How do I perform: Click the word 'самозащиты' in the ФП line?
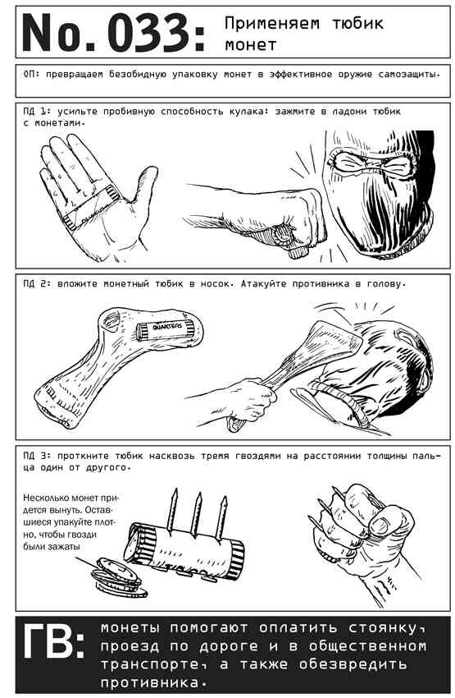409,75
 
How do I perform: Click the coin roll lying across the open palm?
91,207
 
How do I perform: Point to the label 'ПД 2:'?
35,283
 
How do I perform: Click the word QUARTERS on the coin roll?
167,327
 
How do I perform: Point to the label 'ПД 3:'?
35,456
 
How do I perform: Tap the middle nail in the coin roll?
196,515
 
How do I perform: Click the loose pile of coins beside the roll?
117,577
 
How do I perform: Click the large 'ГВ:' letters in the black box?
54,641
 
